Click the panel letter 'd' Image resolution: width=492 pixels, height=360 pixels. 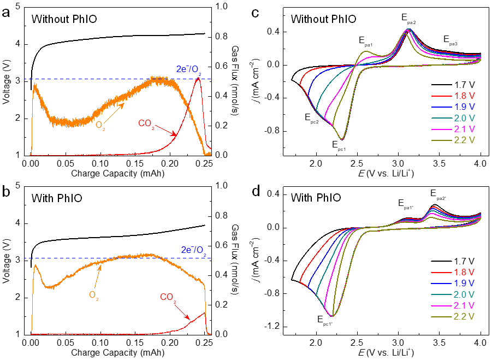pyautogui.click(x=257, y=192)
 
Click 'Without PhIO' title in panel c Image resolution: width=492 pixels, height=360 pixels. pyautogui.click(x=323, y=20)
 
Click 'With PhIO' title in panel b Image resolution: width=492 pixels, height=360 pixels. pyautogui.click(x=57, y=198)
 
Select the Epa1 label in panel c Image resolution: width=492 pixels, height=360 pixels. pyautogui.click(x=366, y=40)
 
